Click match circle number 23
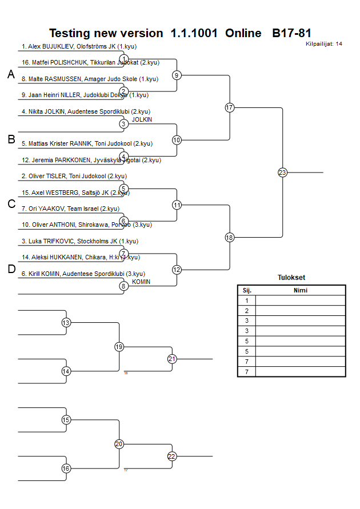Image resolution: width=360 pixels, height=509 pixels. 282,172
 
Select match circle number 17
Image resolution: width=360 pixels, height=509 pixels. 230,107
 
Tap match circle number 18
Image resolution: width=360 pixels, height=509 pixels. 230,237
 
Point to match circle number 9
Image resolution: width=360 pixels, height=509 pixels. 177,75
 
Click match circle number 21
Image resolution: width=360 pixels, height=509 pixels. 172,359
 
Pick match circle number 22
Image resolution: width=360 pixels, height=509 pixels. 172,456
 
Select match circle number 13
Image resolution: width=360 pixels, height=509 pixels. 66,323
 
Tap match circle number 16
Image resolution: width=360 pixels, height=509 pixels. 66,468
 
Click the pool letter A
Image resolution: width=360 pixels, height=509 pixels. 11,74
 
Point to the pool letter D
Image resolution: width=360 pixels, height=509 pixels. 11,269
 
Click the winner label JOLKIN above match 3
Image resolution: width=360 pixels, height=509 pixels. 142,119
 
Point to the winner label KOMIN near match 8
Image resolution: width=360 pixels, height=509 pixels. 141,282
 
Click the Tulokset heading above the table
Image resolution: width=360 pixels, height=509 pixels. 291,278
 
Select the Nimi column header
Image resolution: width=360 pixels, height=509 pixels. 300,290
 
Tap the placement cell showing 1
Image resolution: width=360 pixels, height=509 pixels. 246,300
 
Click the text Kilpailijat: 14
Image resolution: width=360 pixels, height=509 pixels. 324,44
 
